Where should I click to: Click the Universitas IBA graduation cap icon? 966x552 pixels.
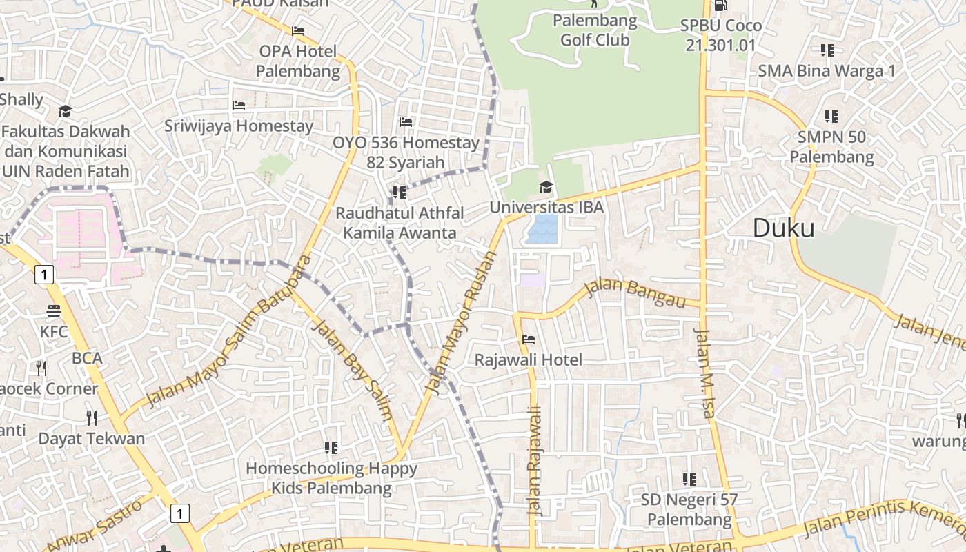[x=546, y=187]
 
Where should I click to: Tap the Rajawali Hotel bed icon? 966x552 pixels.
[x=529, y=339]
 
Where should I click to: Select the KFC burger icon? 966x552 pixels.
[x=54, y=311]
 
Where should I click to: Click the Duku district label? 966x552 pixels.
[x=783, y=228]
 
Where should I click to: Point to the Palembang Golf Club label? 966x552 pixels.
[x=594, y=30]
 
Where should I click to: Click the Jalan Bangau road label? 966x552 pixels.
[x=635, y=293]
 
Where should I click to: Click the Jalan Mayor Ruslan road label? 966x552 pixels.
[x=462, y=323]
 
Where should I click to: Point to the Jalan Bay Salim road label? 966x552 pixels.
[x=353, y=369]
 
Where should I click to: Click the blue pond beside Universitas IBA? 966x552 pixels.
[x=542, y=229]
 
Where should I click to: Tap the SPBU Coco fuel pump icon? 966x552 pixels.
[x=720, y=5]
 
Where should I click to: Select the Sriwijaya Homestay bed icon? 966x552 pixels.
[x=239, y=106]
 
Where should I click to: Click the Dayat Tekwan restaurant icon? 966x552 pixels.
[x=91, y=417]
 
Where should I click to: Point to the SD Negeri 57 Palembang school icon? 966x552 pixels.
[x=689, y=478]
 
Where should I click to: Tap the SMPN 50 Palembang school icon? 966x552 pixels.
[x=831, y=116]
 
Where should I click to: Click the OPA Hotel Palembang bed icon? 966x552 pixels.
[x=298, y=31]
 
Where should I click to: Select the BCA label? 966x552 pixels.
[x=87, y=358]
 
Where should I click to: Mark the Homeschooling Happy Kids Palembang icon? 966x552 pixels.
[x=331, y=448]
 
